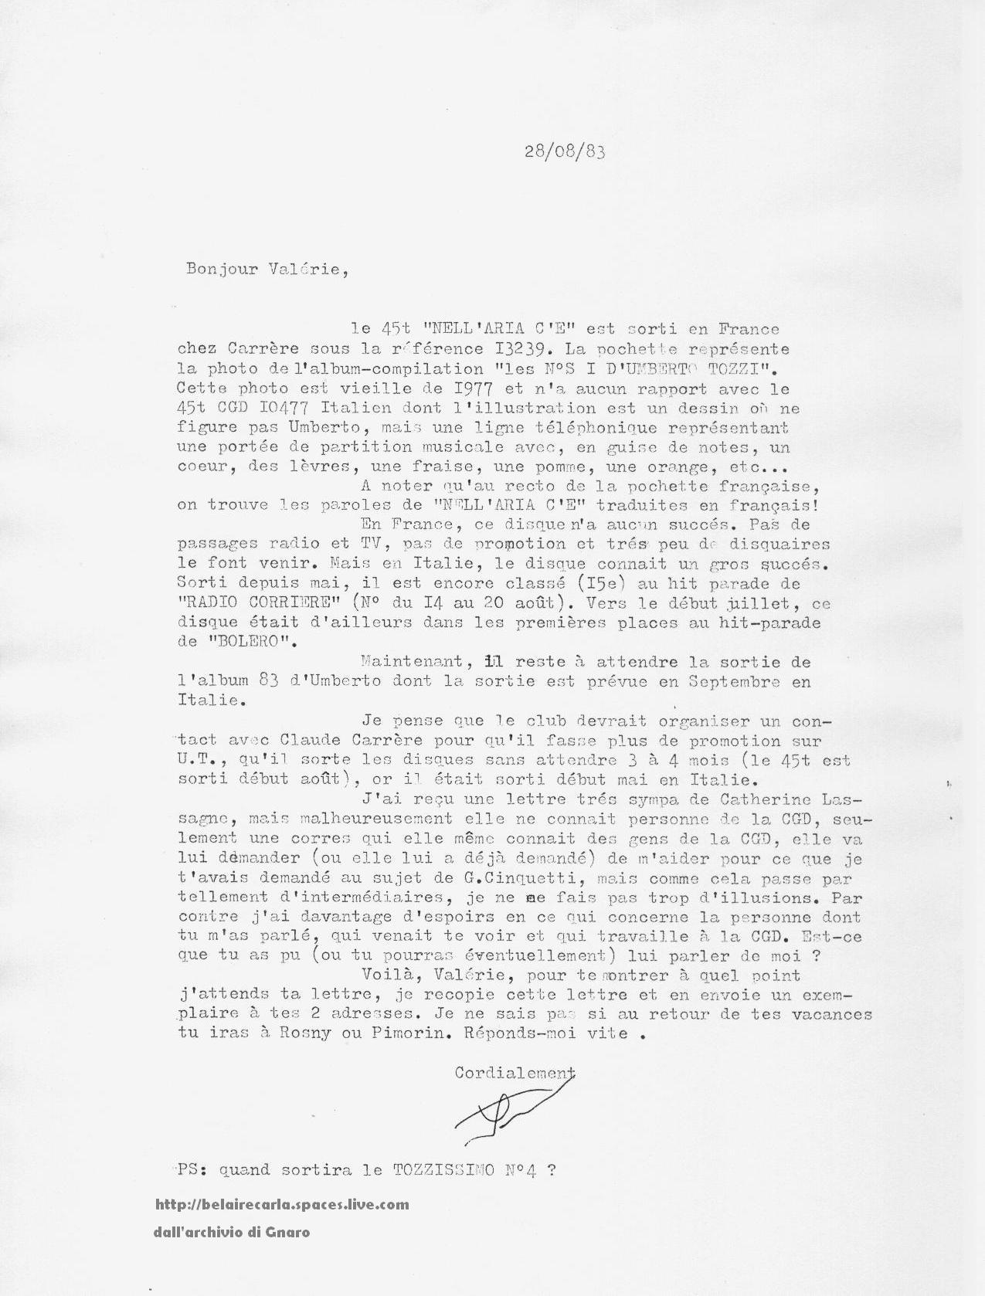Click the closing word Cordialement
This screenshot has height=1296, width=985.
(x=515, y=1073)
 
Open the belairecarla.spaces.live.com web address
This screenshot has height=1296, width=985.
(x=282, y=1204)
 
